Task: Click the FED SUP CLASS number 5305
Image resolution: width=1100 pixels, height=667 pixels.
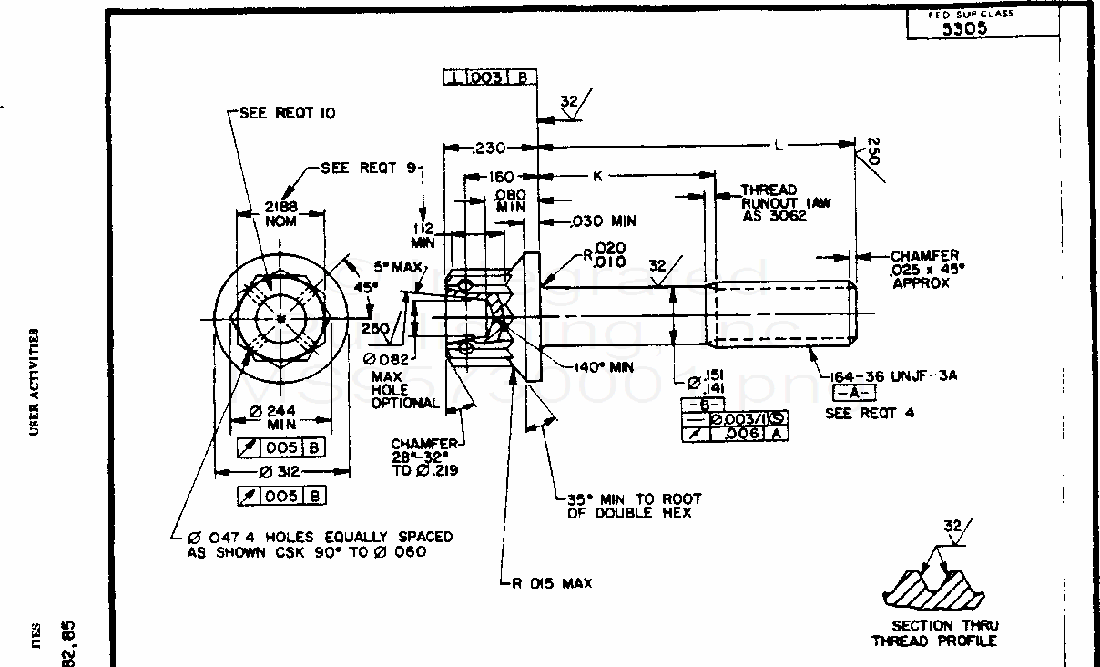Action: coord(964,28)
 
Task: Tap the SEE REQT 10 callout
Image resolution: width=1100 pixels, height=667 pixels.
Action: coord(287,113)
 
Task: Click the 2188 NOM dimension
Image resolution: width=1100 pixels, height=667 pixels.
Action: coord(280,213)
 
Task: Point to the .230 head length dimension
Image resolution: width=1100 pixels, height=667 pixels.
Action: coord(491,148)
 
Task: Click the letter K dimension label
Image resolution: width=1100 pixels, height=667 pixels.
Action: coord(598,176)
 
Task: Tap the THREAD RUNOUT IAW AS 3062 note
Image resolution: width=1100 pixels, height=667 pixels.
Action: coord(785,203)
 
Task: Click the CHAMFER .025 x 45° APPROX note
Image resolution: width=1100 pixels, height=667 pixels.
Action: coord(924,270)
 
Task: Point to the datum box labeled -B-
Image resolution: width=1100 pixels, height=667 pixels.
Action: coord(706,404)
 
